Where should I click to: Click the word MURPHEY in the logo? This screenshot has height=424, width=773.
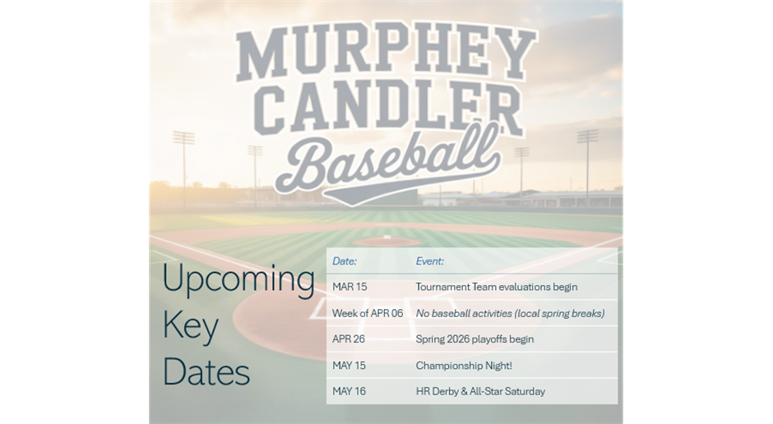click(386, 54)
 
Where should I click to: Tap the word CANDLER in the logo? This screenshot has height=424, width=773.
click(390, 108)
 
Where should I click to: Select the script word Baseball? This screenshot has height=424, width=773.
click(388, 162)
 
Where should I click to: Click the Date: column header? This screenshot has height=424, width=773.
click(344, 261)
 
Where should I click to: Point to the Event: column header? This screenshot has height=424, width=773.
click(429, 261)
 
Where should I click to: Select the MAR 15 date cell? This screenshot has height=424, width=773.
click(349, 287)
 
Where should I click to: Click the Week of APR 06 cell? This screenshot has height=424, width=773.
click(368, 313)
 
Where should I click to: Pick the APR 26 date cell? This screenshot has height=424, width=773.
click(349, 339)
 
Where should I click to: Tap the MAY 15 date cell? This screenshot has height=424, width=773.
click(349, 366)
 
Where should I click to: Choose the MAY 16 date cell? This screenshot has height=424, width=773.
click(349, 391)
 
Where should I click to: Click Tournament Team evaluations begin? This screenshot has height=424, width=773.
click(497, 287)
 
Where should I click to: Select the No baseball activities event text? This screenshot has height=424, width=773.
click(510, 314)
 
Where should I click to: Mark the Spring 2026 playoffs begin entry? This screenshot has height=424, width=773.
click(474, 339)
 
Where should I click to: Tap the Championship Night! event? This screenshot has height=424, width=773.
click(464, 366)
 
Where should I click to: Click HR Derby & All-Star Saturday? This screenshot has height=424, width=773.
click(480, 391)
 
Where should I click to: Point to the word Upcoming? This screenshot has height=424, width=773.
click(238, 279)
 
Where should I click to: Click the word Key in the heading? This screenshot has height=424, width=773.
click(190, 326)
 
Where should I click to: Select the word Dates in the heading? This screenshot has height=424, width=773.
click(206, 371)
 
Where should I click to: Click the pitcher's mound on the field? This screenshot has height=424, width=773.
click(387, 242)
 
